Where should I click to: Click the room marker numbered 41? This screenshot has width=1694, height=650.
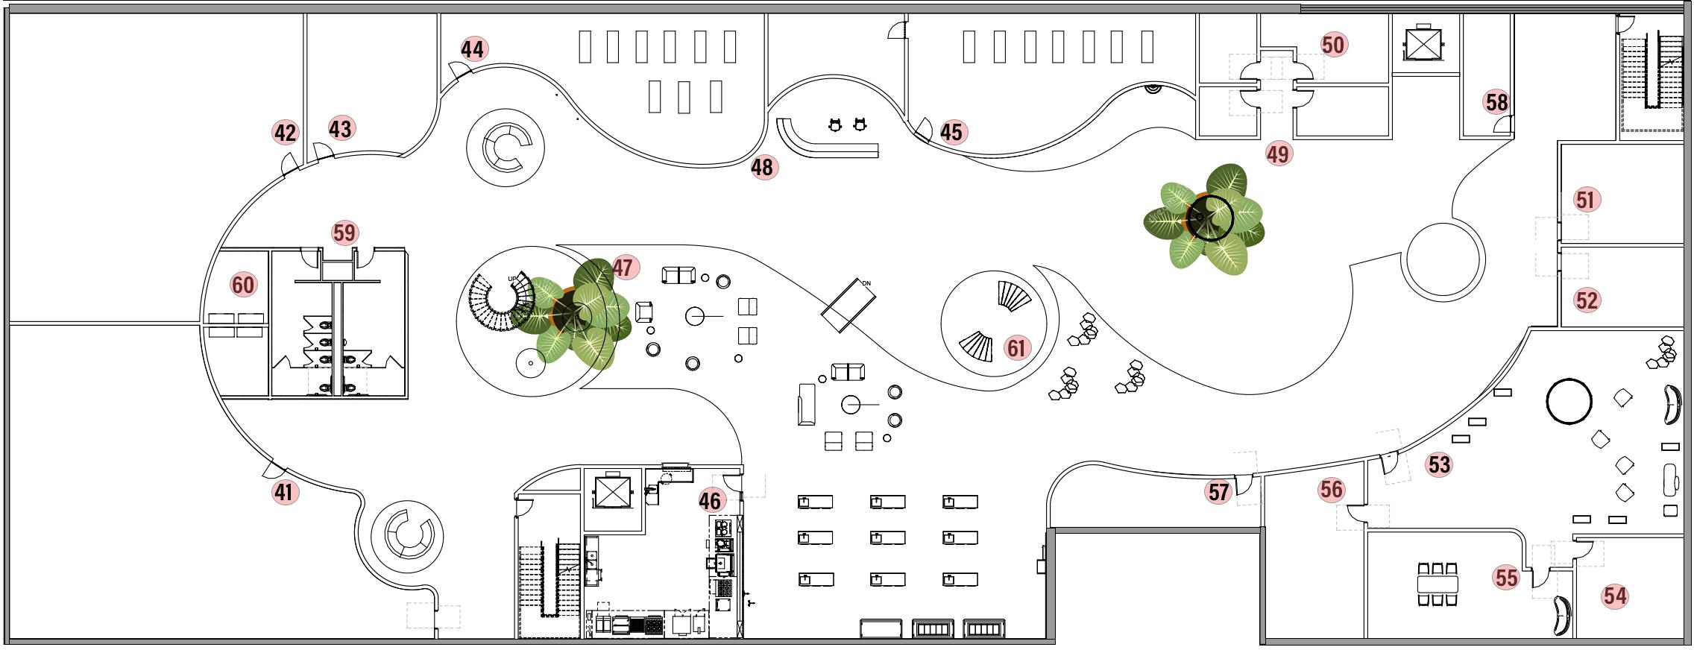click(284, 492)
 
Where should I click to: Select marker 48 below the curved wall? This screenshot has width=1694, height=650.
click(762, 168)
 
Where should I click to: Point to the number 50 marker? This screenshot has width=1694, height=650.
click(1332, 45)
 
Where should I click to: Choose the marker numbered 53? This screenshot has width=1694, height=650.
click(1439, 465)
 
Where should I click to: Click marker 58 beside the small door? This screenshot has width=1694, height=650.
click(1496, 102)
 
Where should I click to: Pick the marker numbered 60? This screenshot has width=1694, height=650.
click(243, 285)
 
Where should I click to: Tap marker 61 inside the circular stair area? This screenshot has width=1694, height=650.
click(1016, 348)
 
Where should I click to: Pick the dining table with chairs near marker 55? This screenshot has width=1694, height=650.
click(1437, 583)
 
